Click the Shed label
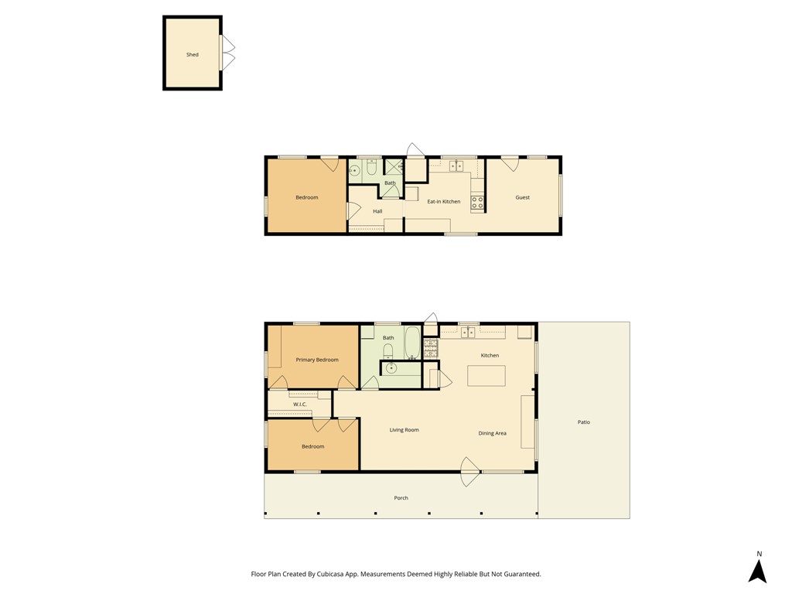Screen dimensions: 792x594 (193, 55)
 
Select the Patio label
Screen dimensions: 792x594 (584, 422)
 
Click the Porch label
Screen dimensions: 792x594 (401, 497)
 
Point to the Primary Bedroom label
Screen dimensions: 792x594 (317, 360)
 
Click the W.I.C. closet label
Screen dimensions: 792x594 (300, 404)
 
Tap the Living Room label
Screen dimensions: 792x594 (404, 430)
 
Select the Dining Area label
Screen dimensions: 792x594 (493, 433)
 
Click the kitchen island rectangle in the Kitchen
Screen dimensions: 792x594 (486, 376)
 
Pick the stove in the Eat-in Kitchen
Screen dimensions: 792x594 (477, 203)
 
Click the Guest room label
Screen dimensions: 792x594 (523, 197)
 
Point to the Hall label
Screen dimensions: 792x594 (377, 211)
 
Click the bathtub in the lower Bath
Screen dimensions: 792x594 (413, 343)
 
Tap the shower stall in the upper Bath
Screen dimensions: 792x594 (394, 166)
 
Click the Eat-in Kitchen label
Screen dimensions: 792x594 (444, 201)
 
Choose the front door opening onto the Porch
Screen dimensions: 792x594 (469, 472)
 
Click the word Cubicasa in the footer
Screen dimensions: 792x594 (332, 574)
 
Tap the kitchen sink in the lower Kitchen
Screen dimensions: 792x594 (468, 333)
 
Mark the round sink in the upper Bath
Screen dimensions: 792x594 (354, 169)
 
